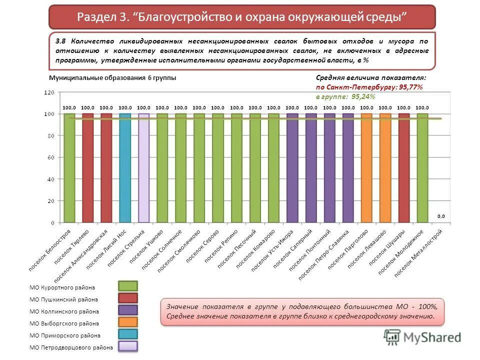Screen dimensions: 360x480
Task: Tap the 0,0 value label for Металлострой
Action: [x=440, y=216]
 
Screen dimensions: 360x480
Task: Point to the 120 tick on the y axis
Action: [x=48, y=92]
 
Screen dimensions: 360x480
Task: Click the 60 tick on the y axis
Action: [x=50, y=157]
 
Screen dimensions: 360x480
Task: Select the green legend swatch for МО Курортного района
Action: [x=127, y=286]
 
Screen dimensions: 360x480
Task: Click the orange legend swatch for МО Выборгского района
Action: [x=127, y=322]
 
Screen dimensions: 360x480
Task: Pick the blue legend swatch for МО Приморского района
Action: [x=127, y=334]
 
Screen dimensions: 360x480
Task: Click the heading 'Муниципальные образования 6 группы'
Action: [x=112, y=78]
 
